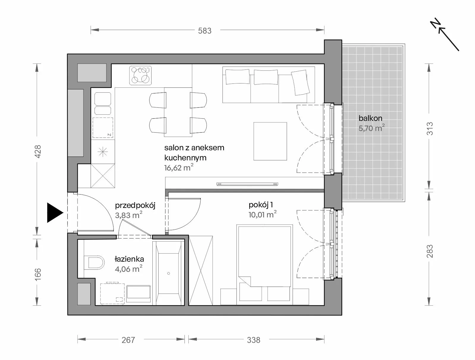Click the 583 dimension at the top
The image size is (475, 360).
point(204,31)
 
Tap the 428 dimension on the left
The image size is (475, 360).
point(38,151)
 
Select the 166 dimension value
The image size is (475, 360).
point(38,274)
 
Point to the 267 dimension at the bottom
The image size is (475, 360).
point(128,340)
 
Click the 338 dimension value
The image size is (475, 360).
point(254,340)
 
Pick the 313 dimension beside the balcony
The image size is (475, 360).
point(430,129)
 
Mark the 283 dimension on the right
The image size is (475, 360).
point(430,251)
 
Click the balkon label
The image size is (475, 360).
point(370,118)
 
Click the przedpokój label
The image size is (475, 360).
point(135,206)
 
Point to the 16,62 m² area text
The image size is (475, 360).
point(179,168)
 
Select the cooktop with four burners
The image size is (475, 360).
point(141,75)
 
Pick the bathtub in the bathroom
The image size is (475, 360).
point(168,273)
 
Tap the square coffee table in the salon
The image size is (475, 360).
point(270,141)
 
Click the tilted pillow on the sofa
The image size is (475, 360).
point(300,83)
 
